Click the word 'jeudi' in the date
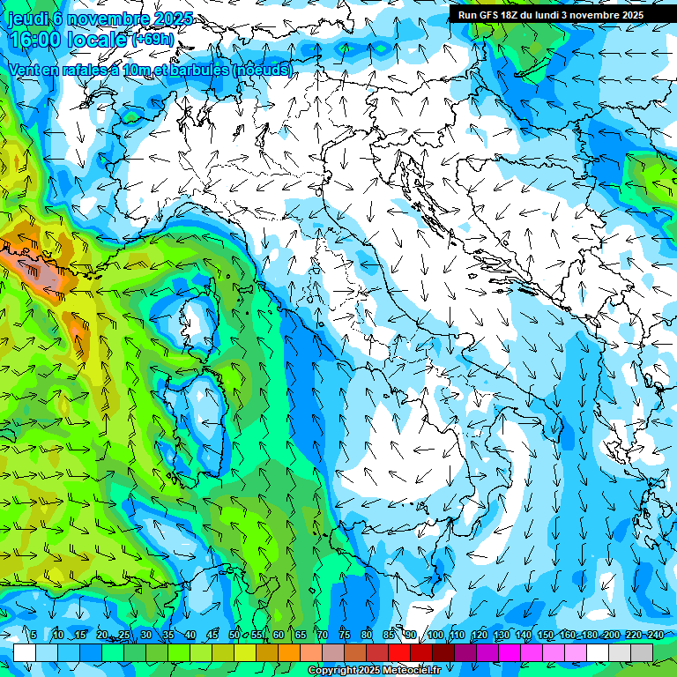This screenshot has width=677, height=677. click(26, 19)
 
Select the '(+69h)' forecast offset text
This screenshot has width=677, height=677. click(152, 40)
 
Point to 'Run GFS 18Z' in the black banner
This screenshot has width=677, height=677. click(489, 15)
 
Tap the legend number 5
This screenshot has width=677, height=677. click(33, 635)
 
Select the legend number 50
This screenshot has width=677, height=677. click(234, 635)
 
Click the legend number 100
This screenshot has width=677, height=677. click(435, 635)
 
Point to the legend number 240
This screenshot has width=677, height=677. click(655, 635)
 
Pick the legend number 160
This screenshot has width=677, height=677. click(568, 635)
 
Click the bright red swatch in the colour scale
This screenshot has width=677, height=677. click(399, 652)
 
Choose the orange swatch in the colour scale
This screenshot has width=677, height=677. click(267, 652)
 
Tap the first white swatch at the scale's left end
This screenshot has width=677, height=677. click(25, 652)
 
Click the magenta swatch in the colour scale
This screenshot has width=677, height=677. click(510, 652)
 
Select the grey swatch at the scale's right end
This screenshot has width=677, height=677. click(642, 652)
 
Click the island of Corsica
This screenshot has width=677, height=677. click(197, 322)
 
